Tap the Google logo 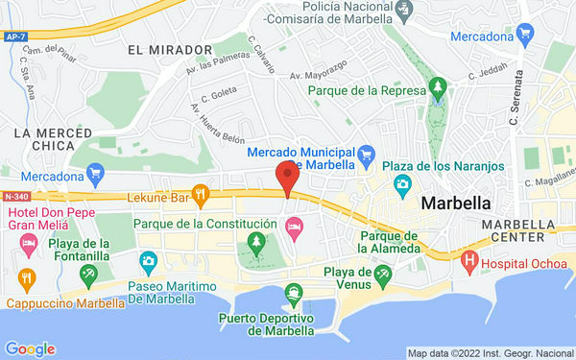click(30, 349)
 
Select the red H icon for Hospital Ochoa click(469, 259)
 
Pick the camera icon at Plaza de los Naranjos click(402, 182)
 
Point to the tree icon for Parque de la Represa click(439, 90)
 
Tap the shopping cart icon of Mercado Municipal click(366, 154)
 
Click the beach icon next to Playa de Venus click(384, 277)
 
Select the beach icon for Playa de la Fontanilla click(88, 276)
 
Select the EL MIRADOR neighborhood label click(169, 49)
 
